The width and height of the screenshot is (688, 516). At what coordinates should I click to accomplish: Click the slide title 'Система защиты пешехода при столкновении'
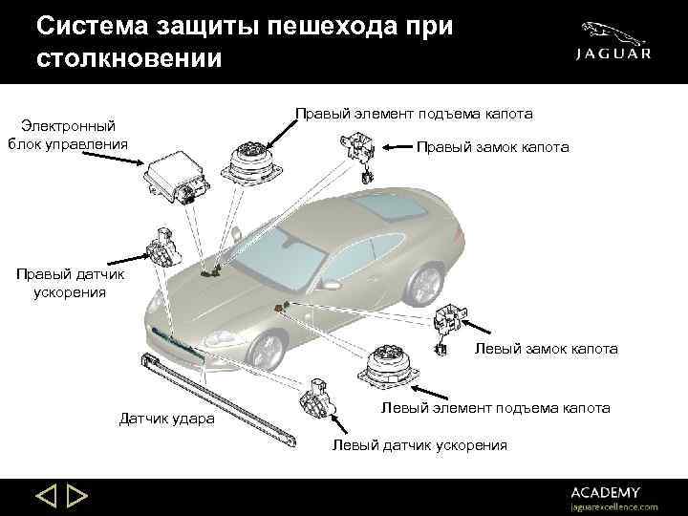tap(243, 41)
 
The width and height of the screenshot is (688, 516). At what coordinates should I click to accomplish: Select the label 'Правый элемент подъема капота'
tap(413, 114)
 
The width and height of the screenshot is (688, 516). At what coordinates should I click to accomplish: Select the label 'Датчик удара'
tap(166, 419)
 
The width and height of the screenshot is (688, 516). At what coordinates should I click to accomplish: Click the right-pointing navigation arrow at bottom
tap(77, 495)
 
